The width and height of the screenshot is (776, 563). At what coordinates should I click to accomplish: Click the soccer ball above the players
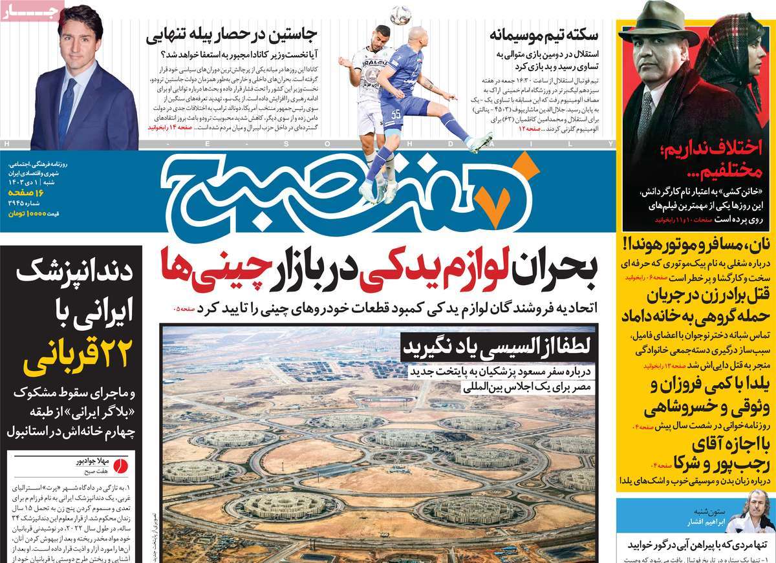[400, 15]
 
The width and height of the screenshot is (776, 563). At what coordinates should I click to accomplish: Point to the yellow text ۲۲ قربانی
[78, 356]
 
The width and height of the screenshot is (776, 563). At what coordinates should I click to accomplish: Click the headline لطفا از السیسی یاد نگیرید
[495, 348]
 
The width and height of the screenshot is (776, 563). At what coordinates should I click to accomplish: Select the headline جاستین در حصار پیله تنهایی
[238, 34]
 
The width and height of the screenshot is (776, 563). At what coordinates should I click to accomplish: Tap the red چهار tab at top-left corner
[32, 12]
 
